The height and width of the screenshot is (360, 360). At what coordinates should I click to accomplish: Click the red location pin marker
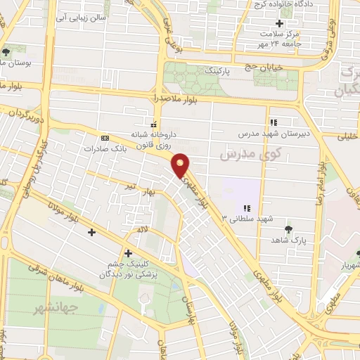(x=181, y=166)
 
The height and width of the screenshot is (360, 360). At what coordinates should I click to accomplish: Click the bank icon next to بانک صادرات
(x=105, y=138)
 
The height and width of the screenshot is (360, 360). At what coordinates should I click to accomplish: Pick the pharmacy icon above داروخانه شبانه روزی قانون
(x=154, y=120)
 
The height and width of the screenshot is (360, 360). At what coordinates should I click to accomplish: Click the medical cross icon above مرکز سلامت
(x=279, y=24)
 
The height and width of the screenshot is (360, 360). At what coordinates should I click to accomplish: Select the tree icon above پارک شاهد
(x=288, y=229)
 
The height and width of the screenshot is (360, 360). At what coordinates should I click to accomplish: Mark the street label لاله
(x=143, y=229)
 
